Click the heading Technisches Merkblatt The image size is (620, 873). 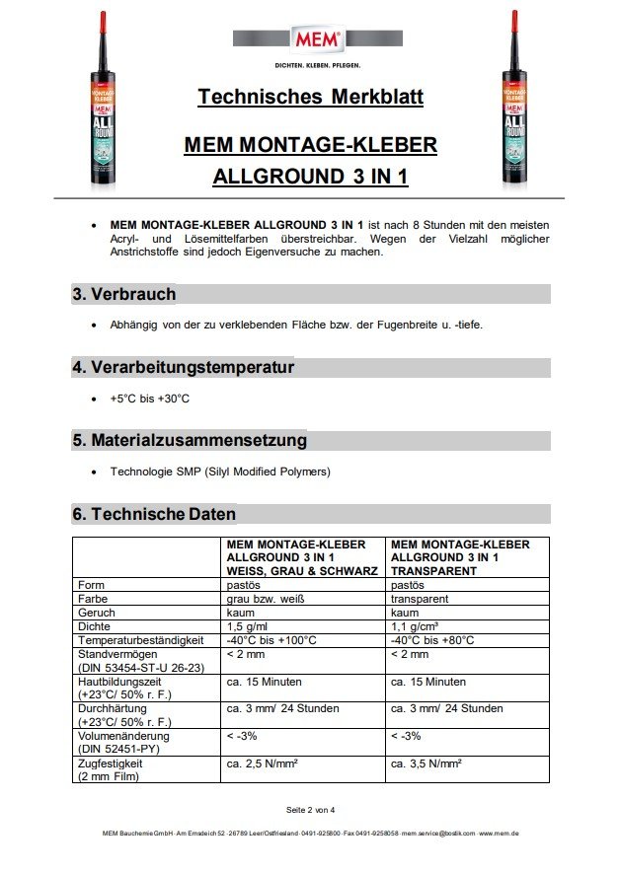(x=310, y=98)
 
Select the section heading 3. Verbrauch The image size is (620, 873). (x=123, y=294)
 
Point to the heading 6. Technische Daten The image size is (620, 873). (x=153, y=514)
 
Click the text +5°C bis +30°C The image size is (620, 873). (x=149, y=399)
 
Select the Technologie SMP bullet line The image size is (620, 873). (x=220, y=472)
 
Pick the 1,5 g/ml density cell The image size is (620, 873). (x=248, y=626)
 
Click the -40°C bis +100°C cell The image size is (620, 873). (x=271, y=640)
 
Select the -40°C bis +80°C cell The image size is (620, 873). (x=432, y=640)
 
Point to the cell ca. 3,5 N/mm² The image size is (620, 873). (x=426, y=764)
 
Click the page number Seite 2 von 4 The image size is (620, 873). (x=310, y=810)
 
